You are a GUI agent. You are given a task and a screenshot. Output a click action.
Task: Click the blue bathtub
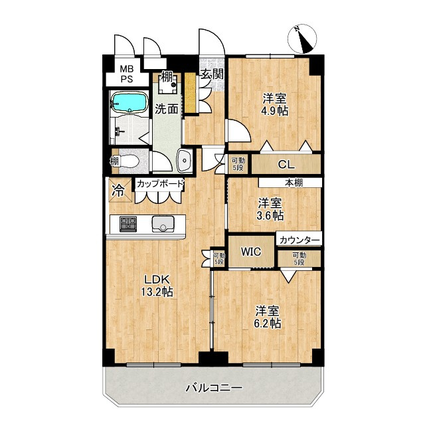[129, 102]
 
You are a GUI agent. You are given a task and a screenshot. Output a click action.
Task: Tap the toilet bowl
[129, 161]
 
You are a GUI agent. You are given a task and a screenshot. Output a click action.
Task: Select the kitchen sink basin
[163, 224]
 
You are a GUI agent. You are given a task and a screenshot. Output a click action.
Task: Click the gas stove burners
[128, 224]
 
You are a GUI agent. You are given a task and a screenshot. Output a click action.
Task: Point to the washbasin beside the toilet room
[185, 161]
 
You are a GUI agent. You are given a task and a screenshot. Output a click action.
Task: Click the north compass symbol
[302, 40]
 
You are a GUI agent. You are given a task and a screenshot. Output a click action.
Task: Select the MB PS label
[127, 74]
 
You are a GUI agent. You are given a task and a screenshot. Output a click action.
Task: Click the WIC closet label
[251, 252]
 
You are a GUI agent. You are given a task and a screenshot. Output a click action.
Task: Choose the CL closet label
[286, 164]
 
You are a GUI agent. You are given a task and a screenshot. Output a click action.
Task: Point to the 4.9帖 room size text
[274, 111]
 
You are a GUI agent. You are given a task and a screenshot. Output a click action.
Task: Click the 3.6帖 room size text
[270, 215]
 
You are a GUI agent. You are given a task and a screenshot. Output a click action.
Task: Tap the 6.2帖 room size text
[267, 323]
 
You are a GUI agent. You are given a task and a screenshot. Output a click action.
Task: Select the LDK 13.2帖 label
[157, 286]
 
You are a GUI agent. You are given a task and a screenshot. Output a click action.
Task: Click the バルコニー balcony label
[214, 388]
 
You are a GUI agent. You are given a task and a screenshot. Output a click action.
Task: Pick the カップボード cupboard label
[160, 184]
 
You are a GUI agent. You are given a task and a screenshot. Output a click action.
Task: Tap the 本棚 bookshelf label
[294, 183]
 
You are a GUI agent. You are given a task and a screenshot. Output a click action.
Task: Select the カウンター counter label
[299, 240]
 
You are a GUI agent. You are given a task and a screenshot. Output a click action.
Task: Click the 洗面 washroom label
[167, 109]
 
